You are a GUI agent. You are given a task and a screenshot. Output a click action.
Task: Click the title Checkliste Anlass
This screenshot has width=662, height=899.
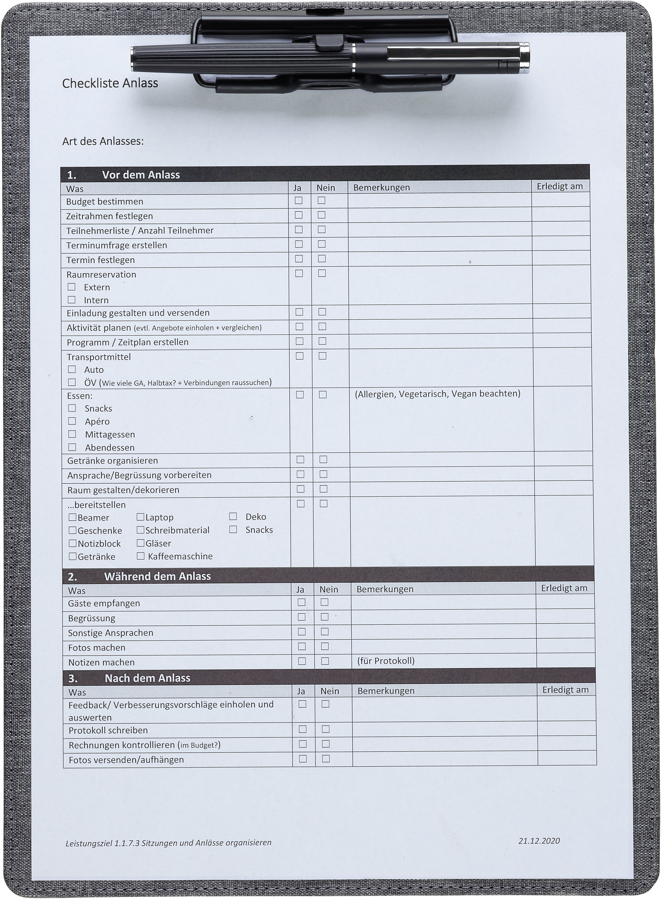[x=110, y=83]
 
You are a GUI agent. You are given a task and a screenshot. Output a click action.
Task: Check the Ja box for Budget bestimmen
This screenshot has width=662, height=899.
[x=298, y=200]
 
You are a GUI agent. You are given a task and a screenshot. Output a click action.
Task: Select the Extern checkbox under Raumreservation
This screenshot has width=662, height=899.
[x=71, y=287]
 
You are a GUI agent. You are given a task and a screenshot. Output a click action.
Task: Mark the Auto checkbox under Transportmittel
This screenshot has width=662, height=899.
[x=72, y=369]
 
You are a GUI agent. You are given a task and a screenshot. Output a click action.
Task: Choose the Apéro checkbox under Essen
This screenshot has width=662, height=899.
[x=72, y=421]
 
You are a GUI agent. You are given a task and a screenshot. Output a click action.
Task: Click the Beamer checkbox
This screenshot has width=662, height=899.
[x=73, y=517]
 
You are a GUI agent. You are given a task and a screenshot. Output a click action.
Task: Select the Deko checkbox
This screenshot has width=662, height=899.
[x=233, y=516]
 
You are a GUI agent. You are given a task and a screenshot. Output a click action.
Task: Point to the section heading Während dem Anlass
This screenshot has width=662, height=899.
[x=157, y=576]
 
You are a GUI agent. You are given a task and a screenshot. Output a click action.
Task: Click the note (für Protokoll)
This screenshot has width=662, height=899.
[x=385, y=661]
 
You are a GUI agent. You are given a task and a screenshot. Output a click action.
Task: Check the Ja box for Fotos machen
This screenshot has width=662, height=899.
[x=302, y=646]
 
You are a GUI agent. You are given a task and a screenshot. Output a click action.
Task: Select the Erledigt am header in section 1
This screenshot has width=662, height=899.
[x=559, y=186]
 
